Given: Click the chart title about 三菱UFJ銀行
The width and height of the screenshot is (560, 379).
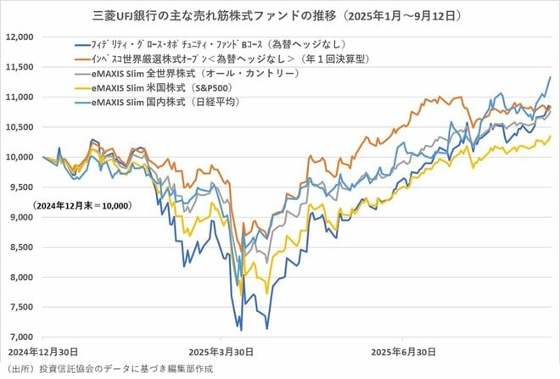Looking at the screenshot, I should pos(279,14).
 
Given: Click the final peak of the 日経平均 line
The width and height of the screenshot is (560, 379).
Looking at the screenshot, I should pos(550,77).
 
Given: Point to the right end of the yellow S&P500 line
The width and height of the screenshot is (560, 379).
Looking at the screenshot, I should pos(550,136).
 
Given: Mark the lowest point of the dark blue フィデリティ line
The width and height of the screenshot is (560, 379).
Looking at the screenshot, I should pos(241,330).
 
